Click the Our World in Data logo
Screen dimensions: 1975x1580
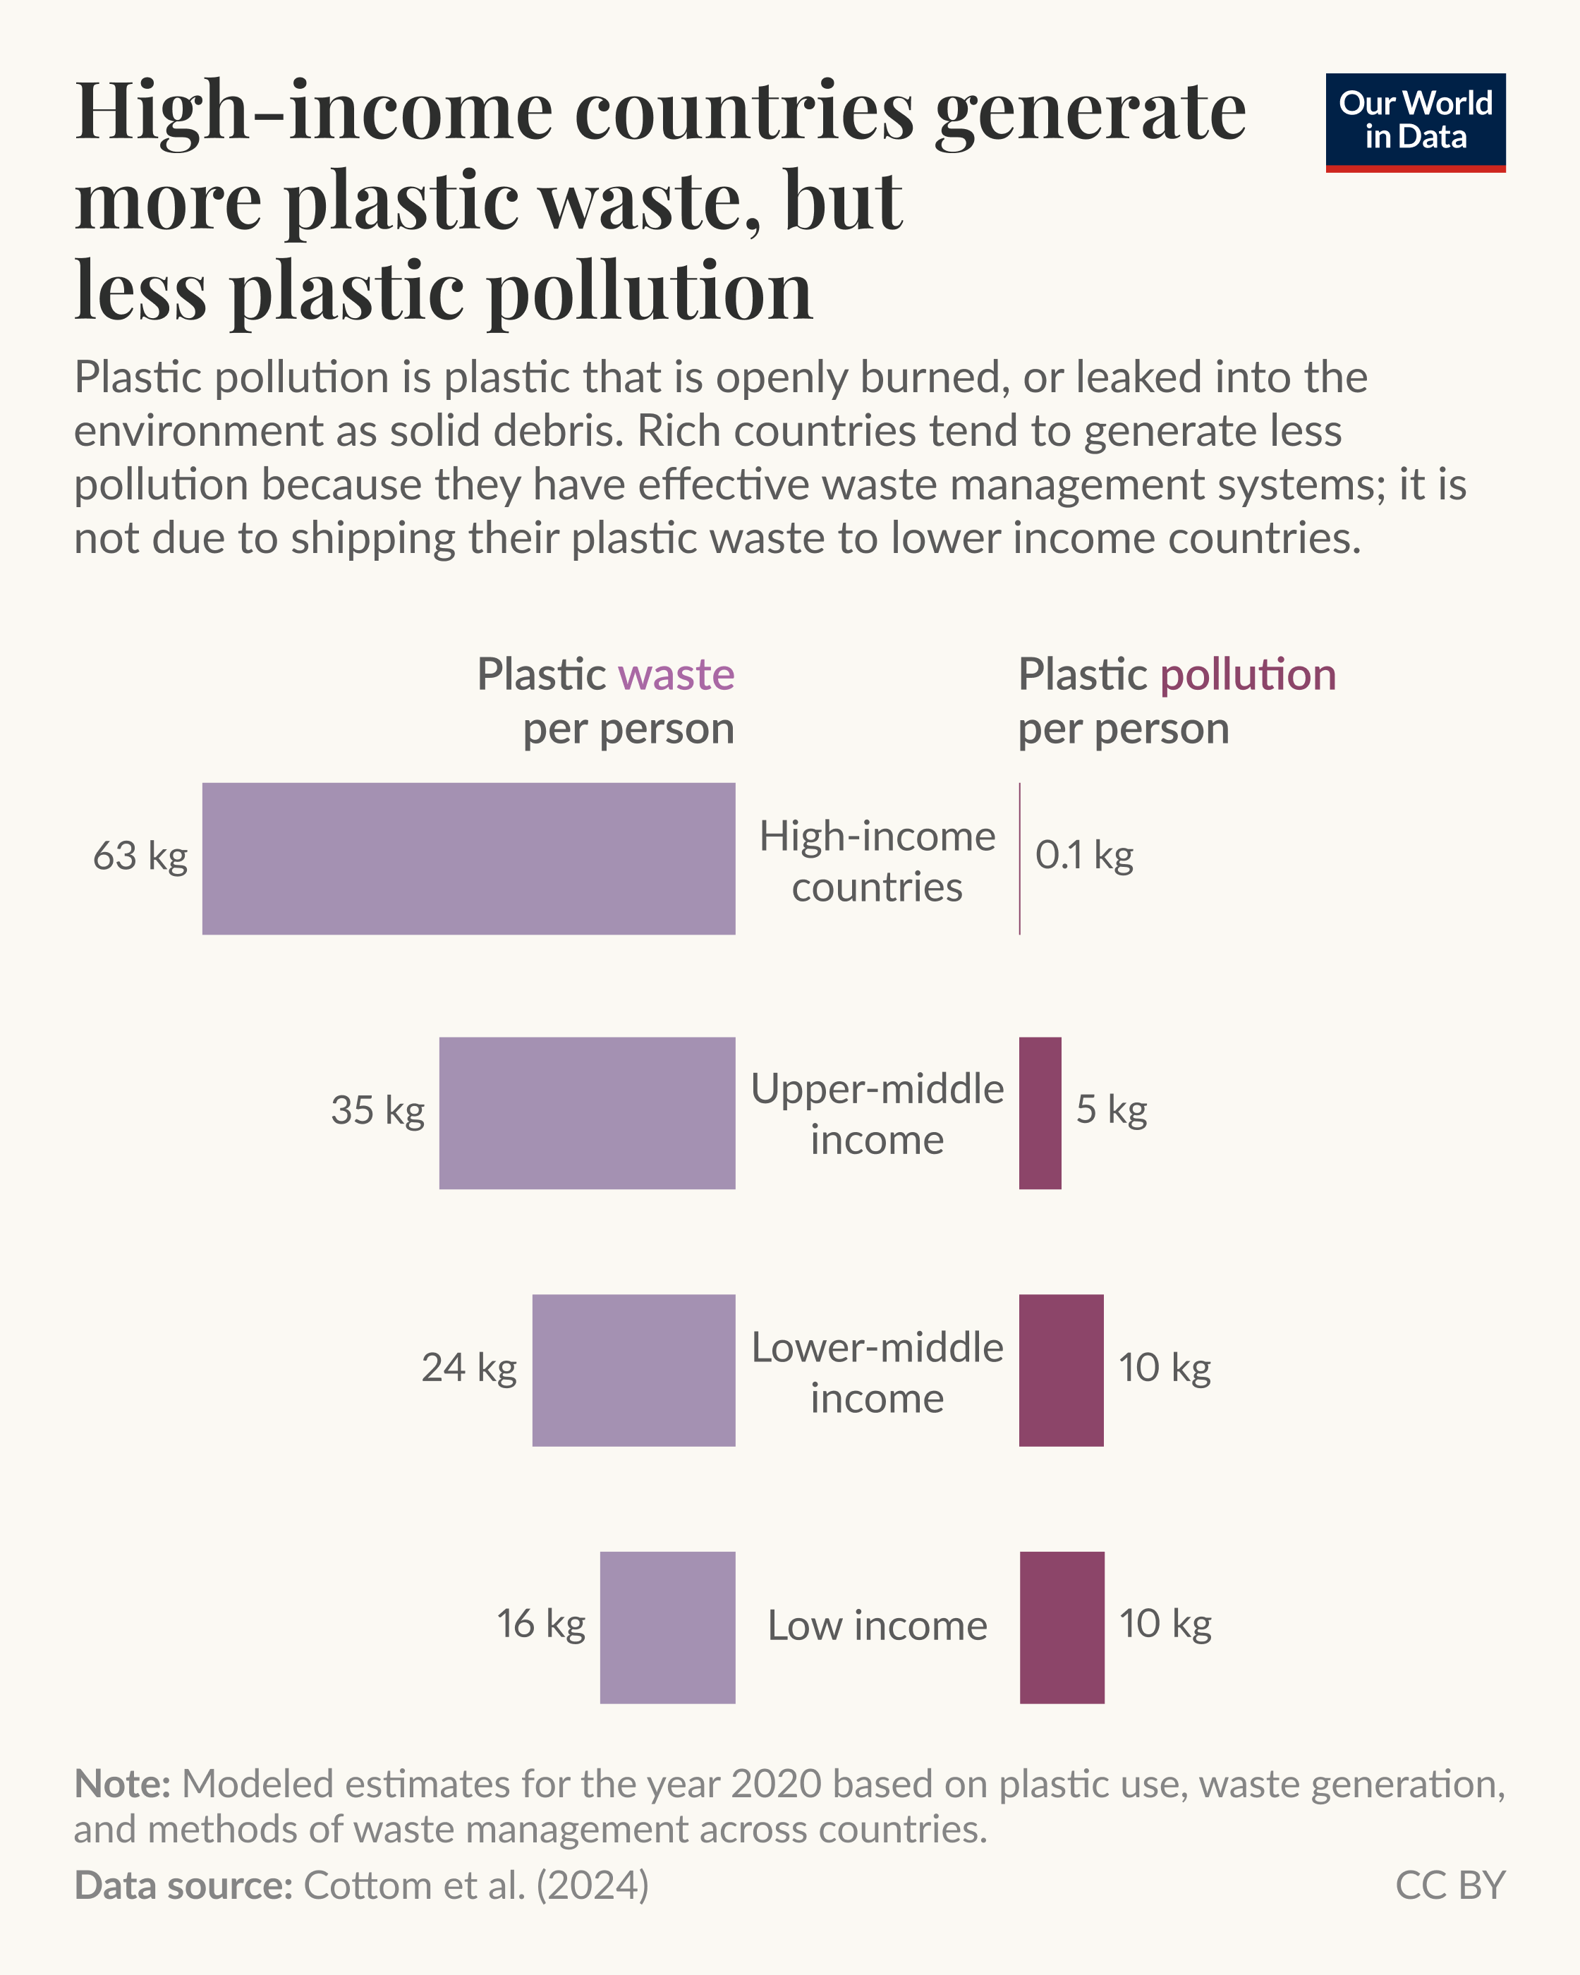click(1415, 122)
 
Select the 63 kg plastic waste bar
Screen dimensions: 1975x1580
click(468, 858)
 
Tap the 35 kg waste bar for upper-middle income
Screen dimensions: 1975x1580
click(586, 1113)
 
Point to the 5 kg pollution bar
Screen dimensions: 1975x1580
click(1040, 1113)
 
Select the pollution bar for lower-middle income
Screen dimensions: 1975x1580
click(1061, 1371)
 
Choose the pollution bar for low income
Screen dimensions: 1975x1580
click(1062, 1628)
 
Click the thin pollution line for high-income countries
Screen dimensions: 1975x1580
click(1019, 858)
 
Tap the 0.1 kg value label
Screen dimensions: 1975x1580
click(1083, 856)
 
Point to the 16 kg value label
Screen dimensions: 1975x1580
click(540, 1624)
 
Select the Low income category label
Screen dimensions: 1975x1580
click(877, 1626)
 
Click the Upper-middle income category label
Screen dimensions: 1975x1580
click(877, 1114)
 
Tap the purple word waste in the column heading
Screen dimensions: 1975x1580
click(676, 675)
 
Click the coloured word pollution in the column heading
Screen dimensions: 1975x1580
click(1248, 675)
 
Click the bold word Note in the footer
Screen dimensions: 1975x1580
click(121, 1785)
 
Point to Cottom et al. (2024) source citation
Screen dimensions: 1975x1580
click(475, 1885)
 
